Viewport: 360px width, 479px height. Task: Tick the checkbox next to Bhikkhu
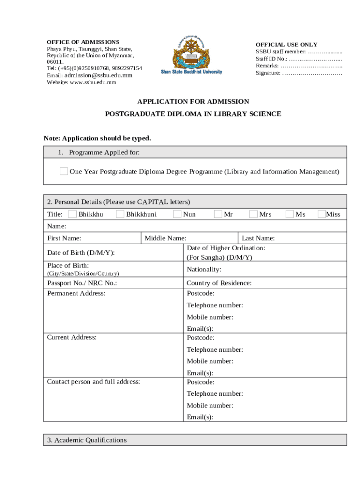point(72,214)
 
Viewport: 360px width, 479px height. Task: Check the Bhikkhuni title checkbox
point(120,214)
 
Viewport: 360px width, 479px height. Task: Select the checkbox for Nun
point(177,214)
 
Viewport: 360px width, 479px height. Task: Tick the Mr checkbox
point(218,214)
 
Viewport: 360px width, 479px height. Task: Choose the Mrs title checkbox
point(253,214)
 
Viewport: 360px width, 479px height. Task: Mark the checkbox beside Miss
point(322,214)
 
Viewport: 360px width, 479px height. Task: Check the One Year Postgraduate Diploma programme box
point(64,171)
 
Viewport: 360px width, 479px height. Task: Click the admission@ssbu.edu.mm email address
point(98,75)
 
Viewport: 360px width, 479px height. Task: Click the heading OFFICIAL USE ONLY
point(286,45)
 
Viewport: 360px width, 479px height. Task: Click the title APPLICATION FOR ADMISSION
point(193,102)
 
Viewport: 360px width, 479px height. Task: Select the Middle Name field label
point(166,238)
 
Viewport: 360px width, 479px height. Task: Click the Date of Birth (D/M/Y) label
point(81,253)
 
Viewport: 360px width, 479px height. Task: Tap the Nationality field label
point(204,269)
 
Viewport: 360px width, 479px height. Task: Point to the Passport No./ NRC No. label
point(82,283)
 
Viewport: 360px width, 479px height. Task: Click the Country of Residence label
point(219,283)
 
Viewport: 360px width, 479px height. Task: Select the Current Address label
point(72,337)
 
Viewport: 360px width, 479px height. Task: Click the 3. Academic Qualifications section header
point(87,440)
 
